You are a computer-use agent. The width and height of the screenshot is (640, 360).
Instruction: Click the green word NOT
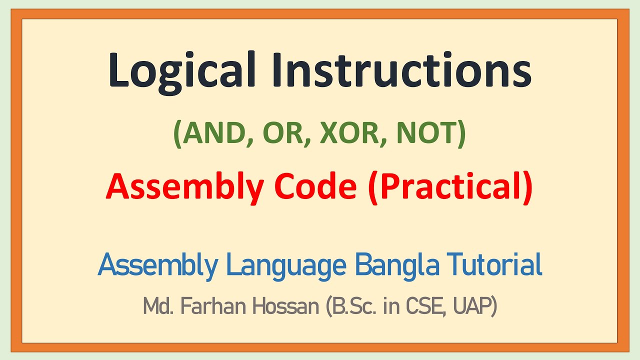click(x=423, y=133)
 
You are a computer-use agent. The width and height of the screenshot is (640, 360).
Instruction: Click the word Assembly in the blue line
click(x=158, y=265)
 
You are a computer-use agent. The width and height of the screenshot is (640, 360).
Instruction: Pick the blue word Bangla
click(x=397, y=265)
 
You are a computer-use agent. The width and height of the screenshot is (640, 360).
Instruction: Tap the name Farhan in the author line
click(x=198, y=306)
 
